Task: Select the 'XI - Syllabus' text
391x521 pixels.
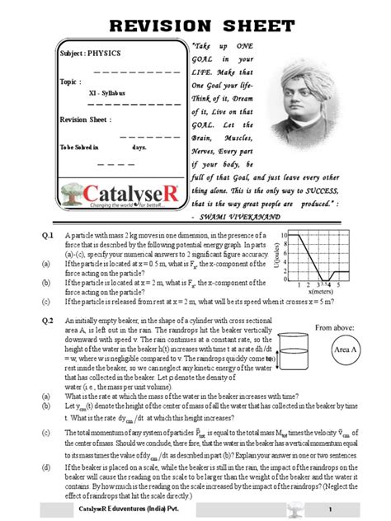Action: (x=96, y=94)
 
